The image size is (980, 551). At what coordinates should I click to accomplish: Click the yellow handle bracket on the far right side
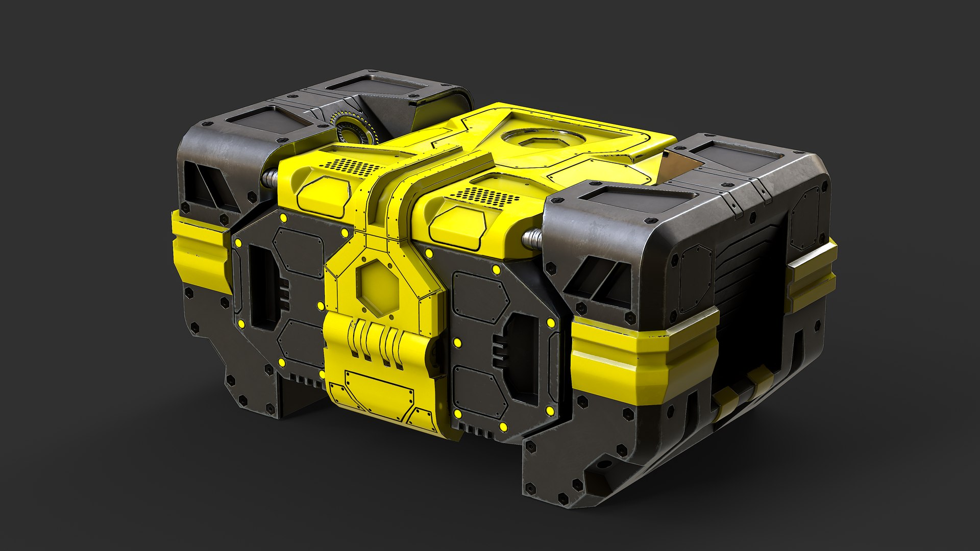coord(812,275)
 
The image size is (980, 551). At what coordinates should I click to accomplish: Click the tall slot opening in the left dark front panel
coord(260,291)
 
